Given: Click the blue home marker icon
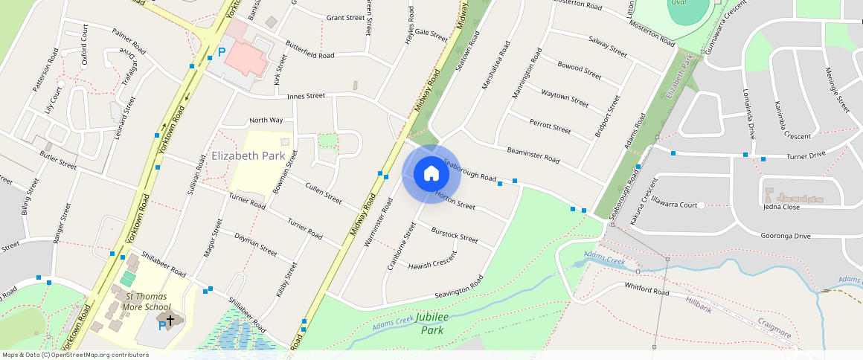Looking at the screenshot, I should [x=431, y=174].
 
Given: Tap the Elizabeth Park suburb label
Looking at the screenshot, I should [x=248, y=156].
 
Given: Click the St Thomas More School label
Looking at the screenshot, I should [x=141, y=300].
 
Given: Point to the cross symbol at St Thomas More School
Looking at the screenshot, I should [x=170, y=320].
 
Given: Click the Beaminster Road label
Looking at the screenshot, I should [x=533, y=154].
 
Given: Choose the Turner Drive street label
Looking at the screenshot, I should [x=806, y=155].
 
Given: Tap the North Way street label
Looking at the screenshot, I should [x=266, y=120].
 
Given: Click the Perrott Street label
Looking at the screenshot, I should [x=550, y=126].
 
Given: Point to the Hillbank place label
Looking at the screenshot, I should [x=699, y=304].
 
